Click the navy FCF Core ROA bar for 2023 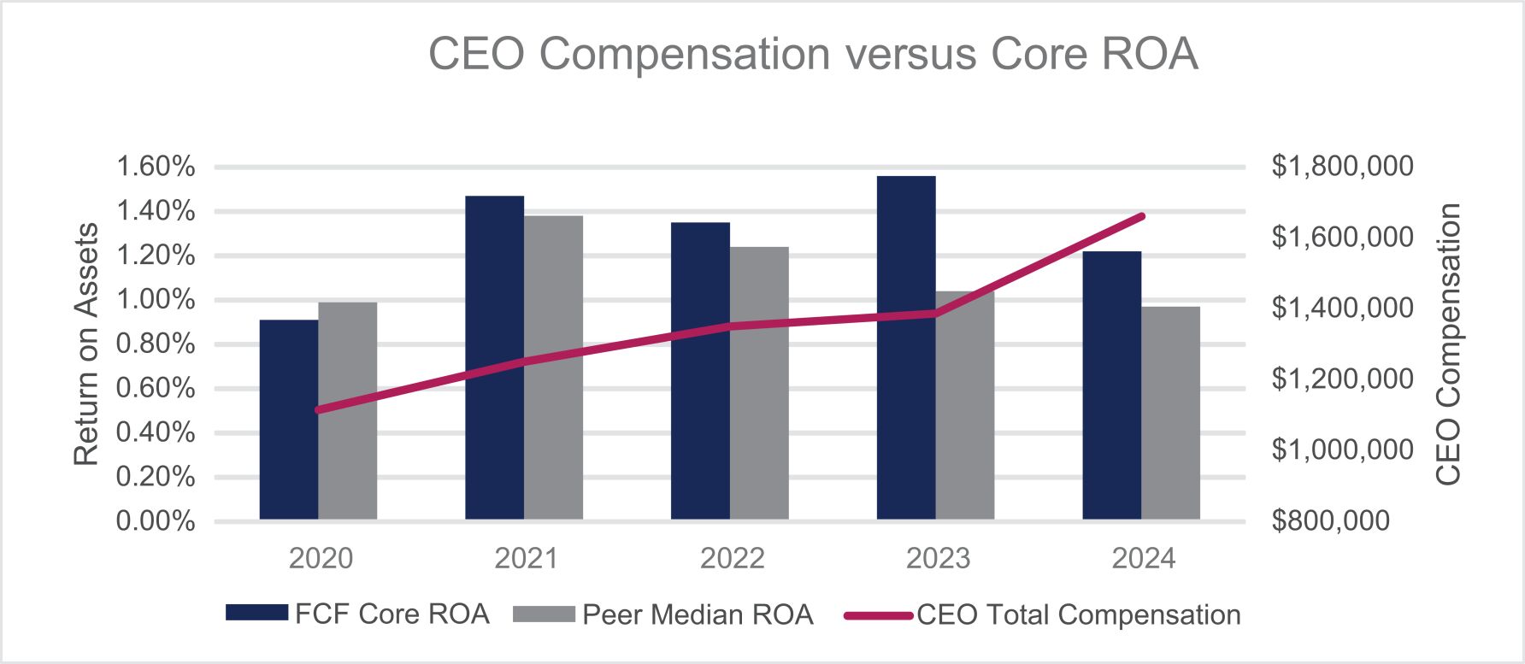point(906,348)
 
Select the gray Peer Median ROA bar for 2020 point(348,411)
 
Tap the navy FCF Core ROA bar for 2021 point(495,358)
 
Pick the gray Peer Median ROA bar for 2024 point(1171,413)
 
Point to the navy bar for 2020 point(289,420)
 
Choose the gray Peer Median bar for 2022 point(760,384)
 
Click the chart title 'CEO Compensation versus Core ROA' point(813,54)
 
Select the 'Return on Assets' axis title point(86,344)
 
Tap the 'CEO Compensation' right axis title point(1448,344)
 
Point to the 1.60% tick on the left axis point(156,167)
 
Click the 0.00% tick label point(156,520)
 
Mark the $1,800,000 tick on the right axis point(1343,167)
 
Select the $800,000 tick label point(1331,520)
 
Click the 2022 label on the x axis point(733,559)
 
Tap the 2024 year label point(1144,559)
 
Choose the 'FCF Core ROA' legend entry point(357,614)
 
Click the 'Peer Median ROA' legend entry point(663,614)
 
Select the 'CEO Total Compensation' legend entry point(1042,614)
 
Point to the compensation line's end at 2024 point(1143,216)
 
